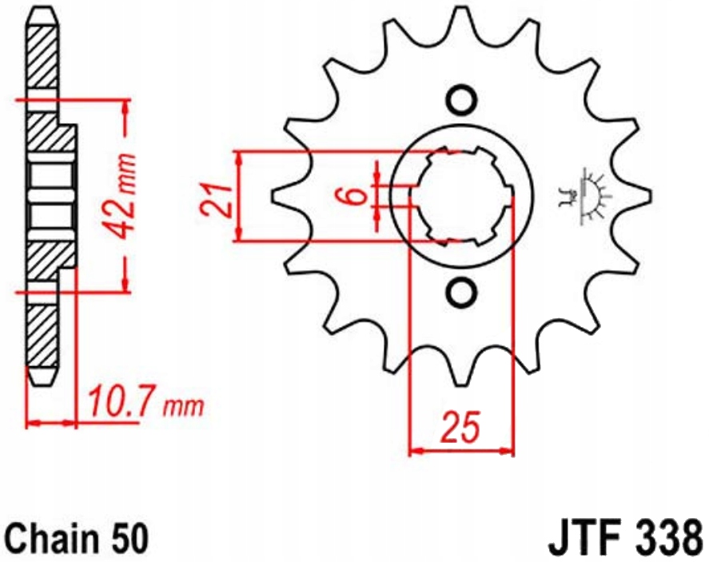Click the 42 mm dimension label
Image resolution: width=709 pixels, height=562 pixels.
[x=121, y=195]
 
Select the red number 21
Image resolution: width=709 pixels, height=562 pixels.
[x=214, y=199]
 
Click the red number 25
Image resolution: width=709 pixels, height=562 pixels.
[x=460, y=426]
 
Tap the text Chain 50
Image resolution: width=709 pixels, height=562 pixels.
[x=77, y=537]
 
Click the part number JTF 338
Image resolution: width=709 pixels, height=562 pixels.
[x=626, y=538]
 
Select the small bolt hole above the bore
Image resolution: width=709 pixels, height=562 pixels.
[x=461, y=99]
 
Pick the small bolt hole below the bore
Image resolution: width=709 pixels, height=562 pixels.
[x=461, y=292]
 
